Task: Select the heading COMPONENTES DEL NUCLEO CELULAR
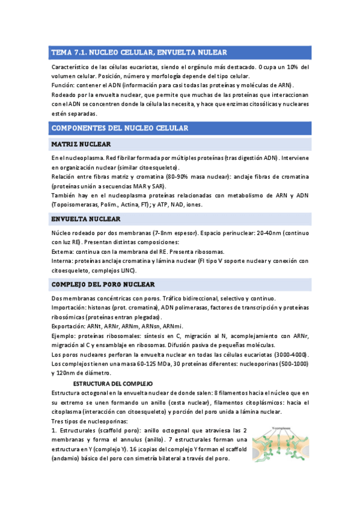120,128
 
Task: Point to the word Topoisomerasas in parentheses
78,204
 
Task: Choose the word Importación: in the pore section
71,307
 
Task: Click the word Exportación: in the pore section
70,326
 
